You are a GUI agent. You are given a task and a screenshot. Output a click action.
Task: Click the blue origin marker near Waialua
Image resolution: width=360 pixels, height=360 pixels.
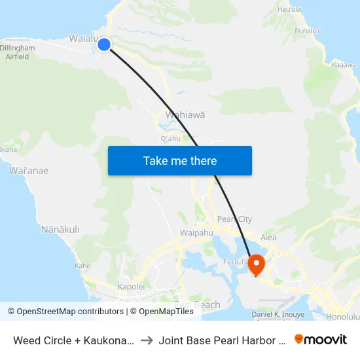coord(104,45)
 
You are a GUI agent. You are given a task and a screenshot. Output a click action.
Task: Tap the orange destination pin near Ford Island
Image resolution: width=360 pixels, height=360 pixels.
coord(256,264)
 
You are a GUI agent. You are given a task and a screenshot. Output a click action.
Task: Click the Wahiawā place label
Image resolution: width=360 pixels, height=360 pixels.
coord(185,115)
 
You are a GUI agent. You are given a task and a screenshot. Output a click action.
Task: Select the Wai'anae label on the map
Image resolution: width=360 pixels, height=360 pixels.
coord(29,171)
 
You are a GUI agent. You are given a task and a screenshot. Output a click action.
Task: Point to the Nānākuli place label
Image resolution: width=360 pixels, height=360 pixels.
coord(60,230)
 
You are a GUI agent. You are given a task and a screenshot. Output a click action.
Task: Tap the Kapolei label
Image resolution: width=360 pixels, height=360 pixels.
coord(131,287)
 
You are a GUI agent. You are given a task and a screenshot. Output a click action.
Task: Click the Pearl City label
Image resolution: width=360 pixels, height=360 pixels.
coord(234,219)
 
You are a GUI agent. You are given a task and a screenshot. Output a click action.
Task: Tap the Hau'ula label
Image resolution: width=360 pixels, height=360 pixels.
coord(289,9)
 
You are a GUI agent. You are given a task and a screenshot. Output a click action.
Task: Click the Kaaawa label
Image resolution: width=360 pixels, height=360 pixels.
coord(344,65)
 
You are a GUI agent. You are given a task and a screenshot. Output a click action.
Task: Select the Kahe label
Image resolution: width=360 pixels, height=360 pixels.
coord(82,266)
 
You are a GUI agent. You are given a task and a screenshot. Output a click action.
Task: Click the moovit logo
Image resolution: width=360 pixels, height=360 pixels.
coord(321,339)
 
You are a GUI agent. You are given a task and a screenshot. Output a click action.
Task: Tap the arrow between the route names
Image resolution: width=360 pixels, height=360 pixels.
coord(147,340)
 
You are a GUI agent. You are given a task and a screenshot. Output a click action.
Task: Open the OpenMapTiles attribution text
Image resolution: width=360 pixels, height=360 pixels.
coord(162,312)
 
